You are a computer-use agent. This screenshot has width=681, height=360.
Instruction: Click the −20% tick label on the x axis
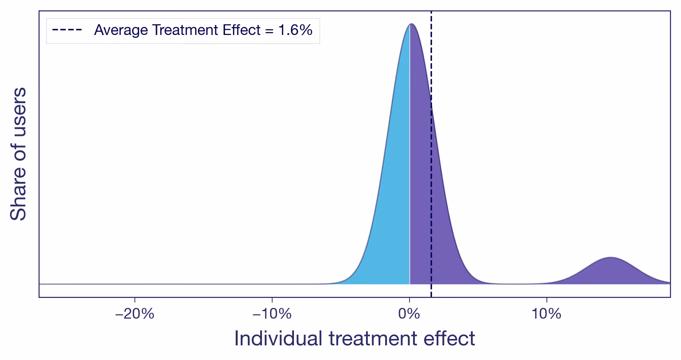[x=134, y=314]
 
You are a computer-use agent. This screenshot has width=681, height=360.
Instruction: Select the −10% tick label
[x=272, y=314]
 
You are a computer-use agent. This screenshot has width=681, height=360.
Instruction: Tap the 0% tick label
[x=409, y=314]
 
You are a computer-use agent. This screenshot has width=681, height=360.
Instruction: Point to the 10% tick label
[x=546, y=314]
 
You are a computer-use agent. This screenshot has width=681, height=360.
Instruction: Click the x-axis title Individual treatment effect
[x=354, y=338]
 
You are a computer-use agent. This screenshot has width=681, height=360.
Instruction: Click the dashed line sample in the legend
[x=67, y=30]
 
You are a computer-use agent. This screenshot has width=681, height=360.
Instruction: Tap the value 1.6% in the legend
[x=295, y=30]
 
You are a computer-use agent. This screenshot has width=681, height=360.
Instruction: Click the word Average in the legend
[x=121, y=30]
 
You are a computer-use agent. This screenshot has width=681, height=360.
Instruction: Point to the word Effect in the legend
[x=242, y=30]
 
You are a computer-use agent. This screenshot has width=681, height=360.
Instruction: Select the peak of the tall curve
[x=411, y=24]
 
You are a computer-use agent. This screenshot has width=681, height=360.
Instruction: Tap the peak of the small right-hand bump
[x=611, y=257]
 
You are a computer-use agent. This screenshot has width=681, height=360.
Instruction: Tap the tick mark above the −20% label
[x=135, y=299]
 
